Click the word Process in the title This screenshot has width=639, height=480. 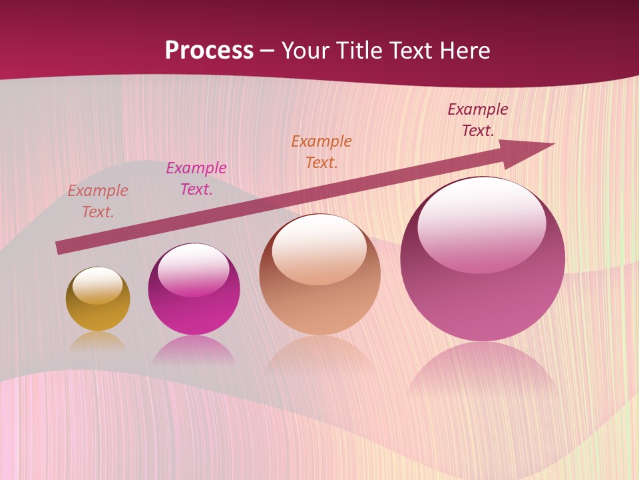tap(209, 51)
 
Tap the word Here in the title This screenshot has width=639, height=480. tap(463, 51)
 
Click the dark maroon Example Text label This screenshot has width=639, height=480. tap(478, 120)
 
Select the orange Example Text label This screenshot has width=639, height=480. tap(321, 152)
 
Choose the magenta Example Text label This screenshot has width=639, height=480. tap(196, 179)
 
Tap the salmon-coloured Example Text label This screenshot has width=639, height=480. tap(98, 201)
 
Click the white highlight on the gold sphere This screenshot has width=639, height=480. tap(98, 285)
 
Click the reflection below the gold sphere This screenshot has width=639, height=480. tap(98, 341)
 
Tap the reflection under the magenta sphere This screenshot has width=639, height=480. tap(194, 349)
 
